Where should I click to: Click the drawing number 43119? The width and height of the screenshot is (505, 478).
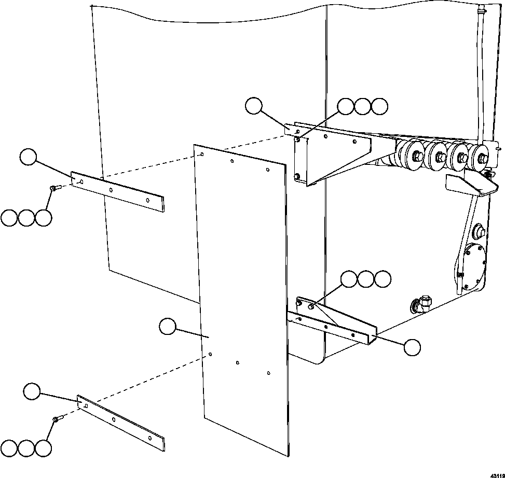(x=494, y=473)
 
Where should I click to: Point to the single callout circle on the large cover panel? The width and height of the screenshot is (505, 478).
(x=167, y=328)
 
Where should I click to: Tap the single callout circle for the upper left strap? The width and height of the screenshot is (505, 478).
(x=28, y=156)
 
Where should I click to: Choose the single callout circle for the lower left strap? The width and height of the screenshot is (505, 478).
(x=32, y=392)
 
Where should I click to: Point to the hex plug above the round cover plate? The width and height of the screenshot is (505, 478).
(x=479, y=229)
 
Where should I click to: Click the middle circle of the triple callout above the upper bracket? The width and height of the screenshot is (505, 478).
(x=363, y=106)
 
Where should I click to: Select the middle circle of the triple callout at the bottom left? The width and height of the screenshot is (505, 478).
(x=26, y=448)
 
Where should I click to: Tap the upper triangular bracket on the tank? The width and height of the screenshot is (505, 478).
(x=332, y=153)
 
